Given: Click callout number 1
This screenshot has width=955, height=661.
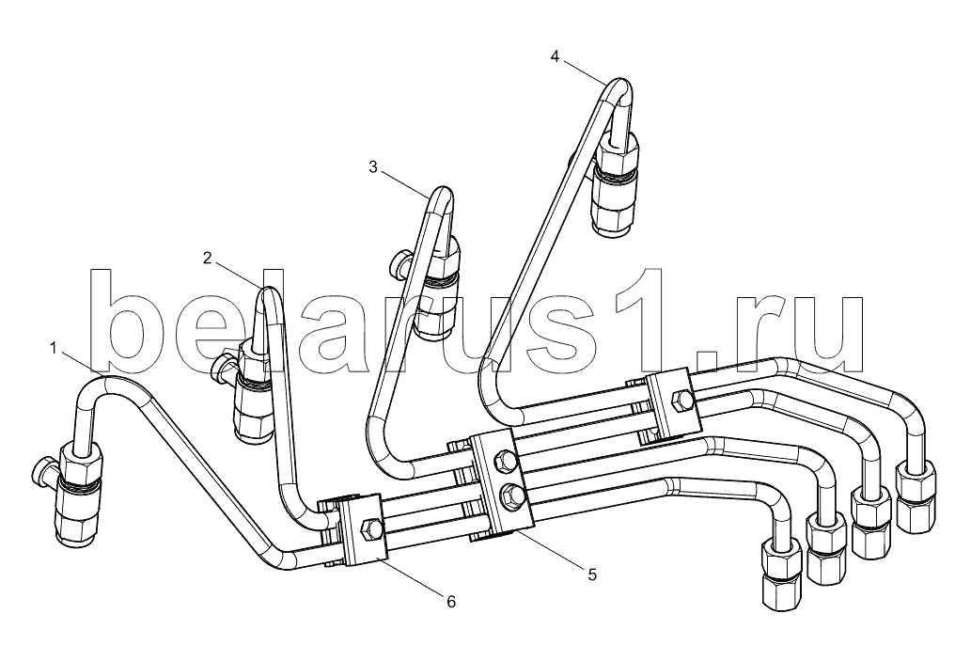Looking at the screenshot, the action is (54, 348).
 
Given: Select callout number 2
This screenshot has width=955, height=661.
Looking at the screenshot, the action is (208, 259).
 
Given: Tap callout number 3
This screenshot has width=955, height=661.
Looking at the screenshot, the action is (373, 166).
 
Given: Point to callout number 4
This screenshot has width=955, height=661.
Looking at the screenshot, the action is (555, 56).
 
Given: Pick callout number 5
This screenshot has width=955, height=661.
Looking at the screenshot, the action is (592, 574).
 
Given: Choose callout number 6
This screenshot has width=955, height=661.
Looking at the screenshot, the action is (450, 602).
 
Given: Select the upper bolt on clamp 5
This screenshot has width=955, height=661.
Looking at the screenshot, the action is (508, 461).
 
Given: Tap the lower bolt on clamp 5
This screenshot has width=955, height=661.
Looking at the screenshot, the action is (509, 495).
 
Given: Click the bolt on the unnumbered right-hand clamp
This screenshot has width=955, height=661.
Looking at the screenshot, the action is (681, 402).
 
